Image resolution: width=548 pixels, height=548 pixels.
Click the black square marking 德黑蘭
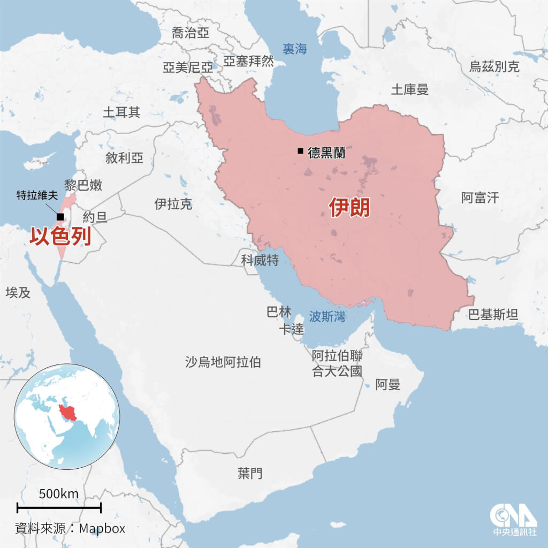pos(300,151)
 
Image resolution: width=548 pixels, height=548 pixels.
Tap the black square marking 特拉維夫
pos(60,216)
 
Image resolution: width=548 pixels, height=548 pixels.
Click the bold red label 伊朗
pos(349,208)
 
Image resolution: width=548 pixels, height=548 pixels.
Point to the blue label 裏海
pos(295,49)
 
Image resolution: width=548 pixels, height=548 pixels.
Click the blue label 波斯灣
pos(327,316)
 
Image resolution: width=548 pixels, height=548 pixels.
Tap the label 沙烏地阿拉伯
pos(223,362)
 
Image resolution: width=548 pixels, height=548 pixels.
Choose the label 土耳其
pos(121,112)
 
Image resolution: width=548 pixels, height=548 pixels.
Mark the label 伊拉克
pos(173,204)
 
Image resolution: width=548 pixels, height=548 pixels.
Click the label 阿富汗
pos(480,198)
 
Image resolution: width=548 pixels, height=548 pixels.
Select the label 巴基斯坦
pos(493,314)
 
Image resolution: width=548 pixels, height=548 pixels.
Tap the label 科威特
pos(260,261)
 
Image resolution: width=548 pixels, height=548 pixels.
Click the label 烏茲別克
pos(494,66)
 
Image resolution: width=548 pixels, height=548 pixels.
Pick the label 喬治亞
pos(191,33)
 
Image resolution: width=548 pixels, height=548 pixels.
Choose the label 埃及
pos(18,292)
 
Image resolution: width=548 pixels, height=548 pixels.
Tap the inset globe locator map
pos(67,415)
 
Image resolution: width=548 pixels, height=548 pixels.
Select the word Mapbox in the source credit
pos(102,529)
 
